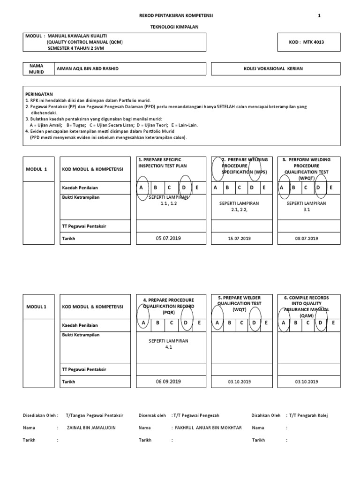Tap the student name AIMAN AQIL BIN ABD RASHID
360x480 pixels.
point(88,69)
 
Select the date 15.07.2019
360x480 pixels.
point(239,239)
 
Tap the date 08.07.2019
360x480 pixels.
point(307,239)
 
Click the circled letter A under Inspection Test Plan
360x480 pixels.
point(142,187)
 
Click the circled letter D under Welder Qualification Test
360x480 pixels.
point(254,323)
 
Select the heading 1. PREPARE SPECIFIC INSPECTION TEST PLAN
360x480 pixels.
point(163,163)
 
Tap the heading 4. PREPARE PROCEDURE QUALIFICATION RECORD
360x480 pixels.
point(168,306)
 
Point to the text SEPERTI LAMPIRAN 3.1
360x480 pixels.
point(307,206)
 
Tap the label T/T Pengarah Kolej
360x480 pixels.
point(307,415)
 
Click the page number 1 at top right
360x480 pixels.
point(319,15)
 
